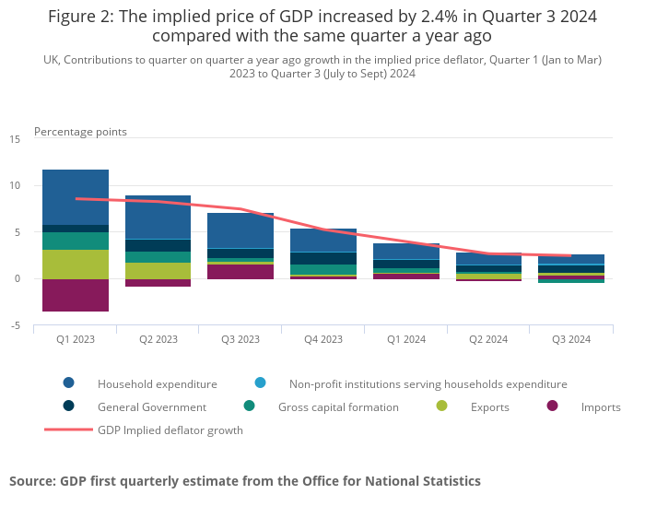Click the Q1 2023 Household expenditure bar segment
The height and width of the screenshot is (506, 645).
76,197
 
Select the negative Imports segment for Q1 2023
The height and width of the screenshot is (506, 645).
76,295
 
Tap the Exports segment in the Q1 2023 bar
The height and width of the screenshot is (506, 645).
76,264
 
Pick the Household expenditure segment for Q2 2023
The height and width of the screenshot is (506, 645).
158,218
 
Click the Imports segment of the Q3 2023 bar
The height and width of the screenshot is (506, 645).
240,271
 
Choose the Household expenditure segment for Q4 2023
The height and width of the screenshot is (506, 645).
323,241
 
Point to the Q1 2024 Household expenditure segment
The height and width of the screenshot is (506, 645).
406,252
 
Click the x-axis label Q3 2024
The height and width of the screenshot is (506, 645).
571,339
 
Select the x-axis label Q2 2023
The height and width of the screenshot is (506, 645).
158,339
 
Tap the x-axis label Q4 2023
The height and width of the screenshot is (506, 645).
323,339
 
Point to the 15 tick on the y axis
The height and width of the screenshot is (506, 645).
15,139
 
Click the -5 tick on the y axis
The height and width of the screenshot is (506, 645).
15,325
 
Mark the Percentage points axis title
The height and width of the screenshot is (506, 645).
80,132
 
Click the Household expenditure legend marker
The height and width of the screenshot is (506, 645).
69,383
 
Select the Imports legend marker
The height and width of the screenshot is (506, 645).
553,406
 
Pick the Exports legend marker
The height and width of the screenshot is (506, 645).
442,406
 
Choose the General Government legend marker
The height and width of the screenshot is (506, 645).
69,406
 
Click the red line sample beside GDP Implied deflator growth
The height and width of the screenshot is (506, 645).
69,430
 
